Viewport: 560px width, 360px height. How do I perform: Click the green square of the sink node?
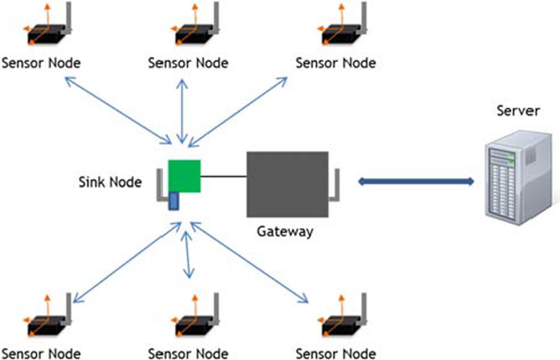click(184, 176)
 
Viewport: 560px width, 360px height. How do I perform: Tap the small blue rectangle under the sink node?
click(174, 201)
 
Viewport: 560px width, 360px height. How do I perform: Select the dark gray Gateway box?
click(288, 184)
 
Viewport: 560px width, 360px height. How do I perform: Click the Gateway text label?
click(285, 231)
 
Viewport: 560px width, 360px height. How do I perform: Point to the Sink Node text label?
click(110, 182)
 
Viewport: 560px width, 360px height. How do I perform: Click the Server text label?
click(518, 111)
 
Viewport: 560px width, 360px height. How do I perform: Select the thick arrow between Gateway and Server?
click(415, 182)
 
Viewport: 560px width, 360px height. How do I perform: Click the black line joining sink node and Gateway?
click(224, 176)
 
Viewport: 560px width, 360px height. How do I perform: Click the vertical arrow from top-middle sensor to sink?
click(182, 111)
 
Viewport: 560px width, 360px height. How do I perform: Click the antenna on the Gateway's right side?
click(336, 186)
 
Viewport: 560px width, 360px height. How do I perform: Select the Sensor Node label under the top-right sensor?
click(336, 63)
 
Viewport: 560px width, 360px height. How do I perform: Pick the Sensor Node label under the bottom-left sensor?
click(41, 353)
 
